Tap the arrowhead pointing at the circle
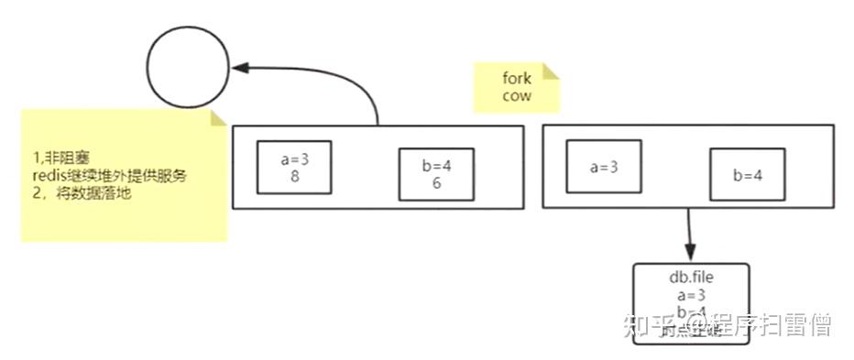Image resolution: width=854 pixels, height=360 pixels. [x=241, y=67]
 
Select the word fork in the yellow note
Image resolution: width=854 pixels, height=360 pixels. [x=516, y=80]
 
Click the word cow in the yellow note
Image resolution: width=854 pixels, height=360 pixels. [x=516, y=95]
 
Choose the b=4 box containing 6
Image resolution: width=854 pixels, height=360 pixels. [x=436, y=174]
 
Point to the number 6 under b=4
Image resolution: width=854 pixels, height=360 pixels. [x=436, y=183]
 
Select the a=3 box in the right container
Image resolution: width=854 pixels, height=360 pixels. [x=603, y=167]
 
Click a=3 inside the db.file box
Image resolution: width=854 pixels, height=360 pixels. [x=690, y=294]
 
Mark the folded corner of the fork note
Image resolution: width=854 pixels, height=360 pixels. [x=552, y=71]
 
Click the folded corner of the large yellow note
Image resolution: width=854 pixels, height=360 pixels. [x=219, y=117]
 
